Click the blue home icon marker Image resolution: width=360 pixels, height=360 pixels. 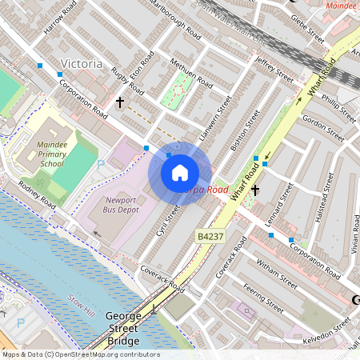click(x=179, y=173)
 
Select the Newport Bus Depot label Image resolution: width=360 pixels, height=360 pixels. click(x=122, y=204)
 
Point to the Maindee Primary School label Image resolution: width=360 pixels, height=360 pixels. click(x=52, y=153)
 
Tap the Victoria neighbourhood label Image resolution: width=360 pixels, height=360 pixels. click(x=82, y=63)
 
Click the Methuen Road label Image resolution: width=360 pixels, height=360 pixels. click(x=191, y=73)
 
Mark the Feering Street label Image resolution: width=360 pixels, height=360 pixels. click(x=263, y=298)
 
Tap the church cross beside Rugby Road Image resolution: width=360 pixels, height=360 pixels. click(x=120, y=102)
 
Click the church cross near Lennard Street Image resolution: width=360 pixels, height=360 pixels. click(x=255, y=190)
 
